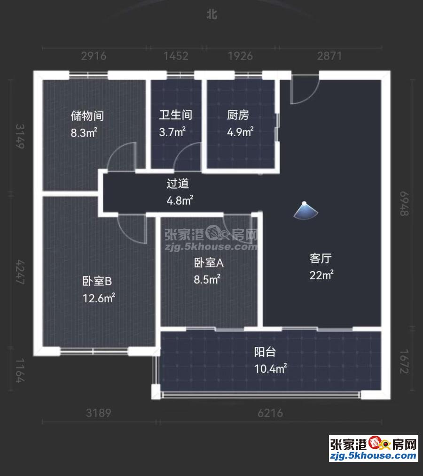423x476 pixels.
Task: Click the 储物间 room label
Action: coord(87,115)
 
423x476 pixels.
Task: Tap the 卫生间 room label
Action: coord(176,115)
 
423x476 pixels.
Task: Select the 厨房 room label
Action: coord(238,115)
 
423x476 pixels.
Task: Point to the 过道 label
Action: coord(178,184)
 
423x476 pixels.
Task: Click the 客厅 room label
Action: coord(321,258)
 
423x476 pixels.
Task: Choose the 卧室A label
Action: coord(209,262)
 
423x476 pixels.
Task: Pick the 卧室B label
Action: coord(97,281)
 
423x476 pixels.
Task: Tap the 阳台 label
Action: coord(265,352)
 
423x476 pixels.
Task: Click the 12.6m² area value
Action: coord(99,298)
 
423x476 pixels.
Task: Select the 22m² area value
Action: coord(321,275)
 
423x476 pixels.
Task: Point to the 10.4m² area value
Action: coord(270,369)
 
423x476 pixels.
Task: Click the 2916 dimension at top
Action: coord(94,56)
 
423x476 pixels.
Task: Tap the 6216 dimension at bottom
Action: coord(270,413)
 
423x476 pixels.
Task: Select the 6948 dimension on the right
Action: coord(404,203)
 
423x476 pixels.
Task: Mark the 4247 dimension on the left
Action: coord(20,272)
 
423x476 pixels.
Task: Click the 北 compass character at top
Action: coord(212,14)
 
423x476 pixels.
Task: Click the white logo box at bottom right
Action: coord(374,449)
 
